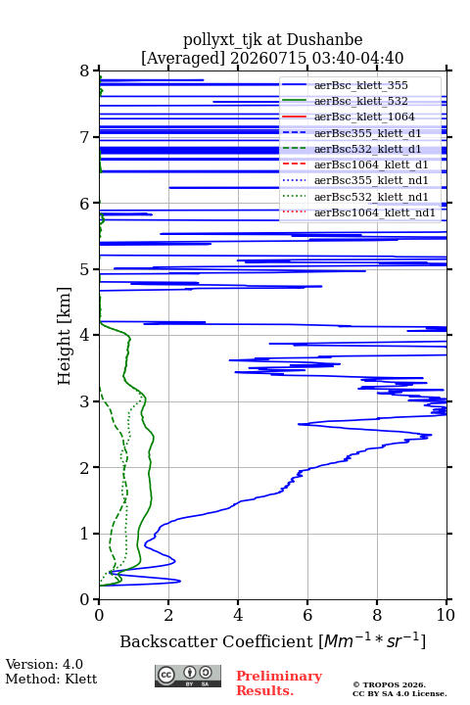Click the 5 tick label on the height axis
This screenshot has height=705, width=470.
pos(85,269)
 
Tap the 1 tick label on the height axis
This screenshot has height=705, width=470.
pos(85,534)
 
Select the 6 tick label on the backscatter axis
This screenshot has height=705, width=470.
pos(307,615)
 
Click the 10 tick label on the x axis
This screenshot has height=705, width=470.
pos(446,615)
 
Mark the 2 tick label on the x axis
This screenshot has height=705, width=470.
pos(168,615)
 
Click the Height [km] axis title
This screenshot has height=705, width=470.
pos(65,336)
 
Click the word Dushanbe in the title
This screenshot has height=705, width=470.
pos(324,39)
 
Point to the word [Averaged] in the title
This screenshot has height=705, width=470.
pos(183,58)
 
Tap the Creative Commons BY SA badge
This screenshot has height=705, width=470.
pos(188,676)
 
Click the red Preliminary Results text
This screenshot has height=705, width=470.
pos(279,683)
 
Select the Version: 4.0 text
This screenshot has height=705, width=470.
pos(44,664)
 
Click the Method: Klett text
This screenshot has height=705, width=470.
pos(51,679)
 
